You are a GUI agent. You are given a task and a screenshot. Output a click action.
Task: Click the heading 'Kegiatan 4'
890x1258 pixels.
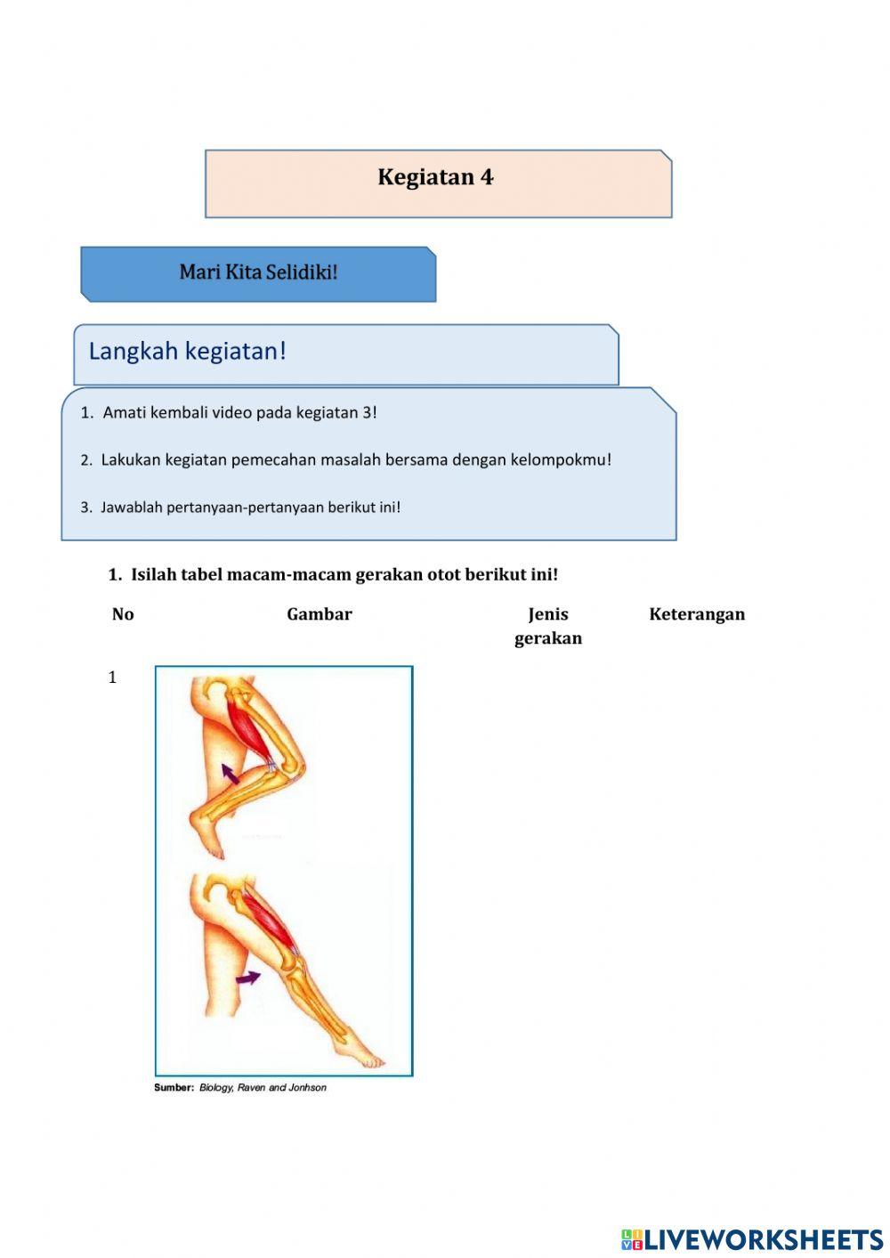coord(435,177)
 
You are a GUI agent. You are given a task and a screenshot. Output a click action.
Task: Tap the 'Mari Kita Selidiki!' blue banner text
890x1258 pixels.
coord(258,272)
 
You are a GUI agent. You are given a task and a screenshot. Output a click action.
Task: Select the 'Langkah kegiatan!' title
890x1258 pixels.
coord(187,352)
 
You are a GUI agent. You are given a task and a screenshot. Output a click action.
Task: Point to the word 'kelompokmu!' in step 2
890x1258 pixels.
coord(561,460)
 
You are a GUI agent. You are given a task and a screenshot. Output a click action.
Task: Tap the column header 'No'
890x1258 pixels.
coord(123,614)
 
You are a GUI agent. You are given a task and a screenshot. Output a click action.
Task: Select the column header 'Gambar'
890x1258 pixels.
coord(319,614)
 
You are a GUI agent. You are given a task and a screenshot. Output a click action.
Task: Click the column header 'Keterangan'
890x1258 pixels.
coord(696,614)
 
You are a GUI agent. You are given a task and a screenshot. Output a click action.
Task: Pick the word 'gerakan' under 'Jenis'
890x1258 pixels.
coord(547,638)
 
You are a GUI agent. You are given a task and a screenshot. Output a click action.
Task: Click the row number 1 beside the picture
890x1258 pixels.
coord(113,678)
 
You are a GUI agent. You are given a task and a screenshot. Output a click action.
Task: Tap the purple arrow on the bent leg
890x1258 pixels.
coord(231,773)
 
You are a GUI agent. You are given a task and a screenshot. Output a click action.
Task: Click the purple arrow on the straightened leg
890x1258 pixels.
coord(248,978)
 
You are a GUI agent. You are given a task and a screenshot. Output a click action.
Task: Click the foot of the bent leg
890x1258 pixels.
coord(207,838)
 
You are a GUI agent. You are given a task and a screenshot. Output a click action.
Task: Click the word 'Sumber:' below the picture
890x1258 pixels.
coord(174,1088)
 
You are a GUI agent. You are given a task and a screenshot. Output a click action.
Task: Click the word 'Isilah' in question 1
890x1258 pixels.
coord(153,575)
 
